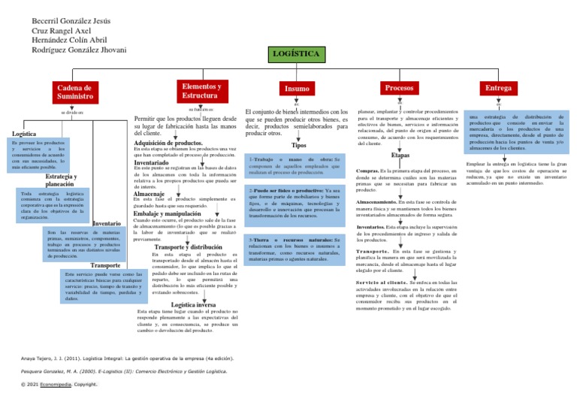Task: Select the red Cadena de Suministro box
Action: coord(74,92)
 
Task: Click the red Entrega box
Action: coord(498,89)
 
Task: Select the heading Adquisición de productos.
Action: coord(168,142)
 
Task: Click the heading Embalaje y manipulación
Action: coord(169,213)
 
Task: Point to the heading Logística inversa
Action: coord(195,304)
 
